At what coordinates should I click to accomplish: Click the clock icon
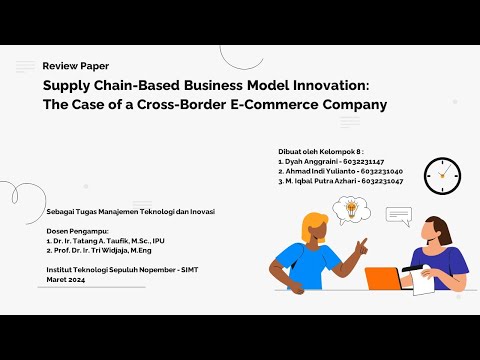[441, 175]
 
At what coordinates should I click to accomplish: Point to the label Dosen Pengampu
[75, 231]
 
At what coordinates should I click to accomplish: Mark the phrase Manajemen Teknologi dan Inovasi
[164, 212]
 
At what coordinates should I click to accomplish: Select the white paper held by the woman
[424, 283]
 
